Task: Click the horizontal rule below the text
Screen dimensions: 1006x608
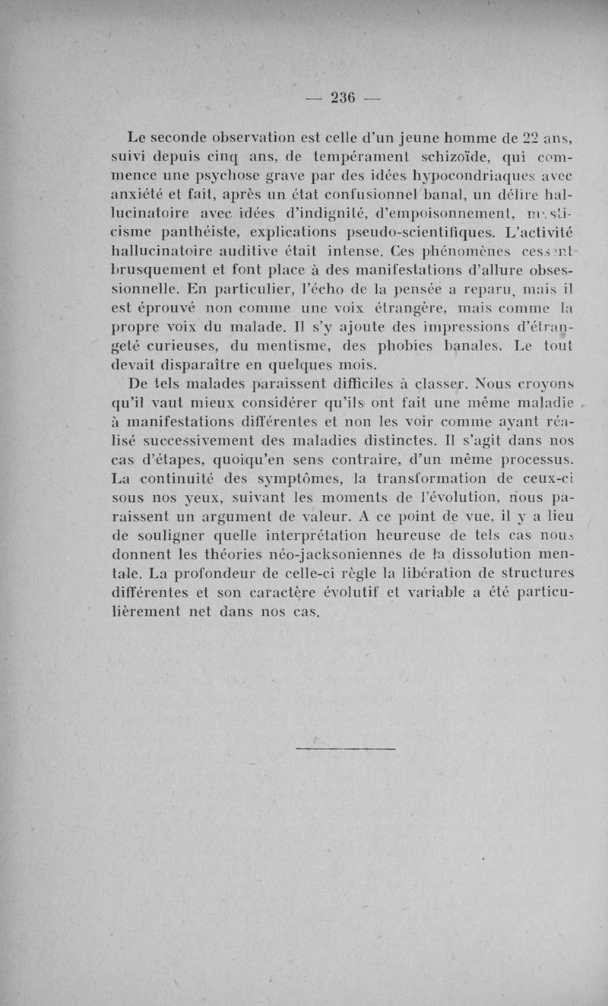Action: click(x=345, y=751)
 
